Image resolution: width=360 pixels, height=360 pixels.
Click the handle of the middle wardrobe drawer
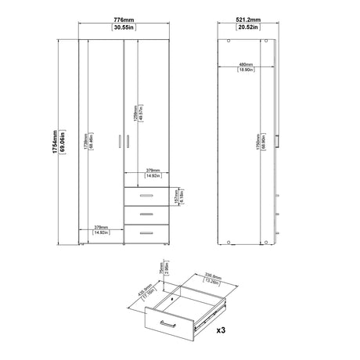tap(146, 213)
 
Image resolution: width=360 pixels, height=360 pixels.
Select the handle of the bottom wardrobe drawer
tap(146, 230)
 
